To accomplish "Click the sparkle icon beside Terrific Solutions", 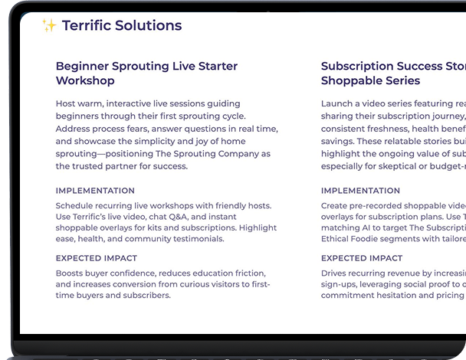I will click(49, 26).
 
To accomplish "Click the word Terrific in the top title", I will click(86, 25).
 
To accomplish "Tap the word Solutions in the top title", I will click(148, 25).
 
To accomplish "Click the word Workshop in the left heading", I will click(85, 80).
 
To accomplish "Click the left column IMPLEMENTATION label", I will click(95, 191).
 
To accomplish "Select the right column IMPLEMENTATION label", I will click(360, 191).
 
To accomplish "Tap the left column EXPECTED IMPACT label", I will click(97, 258).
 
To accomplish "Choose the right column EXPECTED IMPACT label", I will click(362, 258).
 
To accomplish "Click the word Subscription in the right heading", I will click(360, 67).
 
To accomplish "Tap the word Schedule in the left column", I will click(75, 206).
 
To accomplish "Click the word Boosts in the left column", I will click(71, 273).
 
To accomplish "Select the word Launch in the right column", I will click(336, 103).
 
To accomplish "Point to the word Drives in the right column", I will click(335, 273).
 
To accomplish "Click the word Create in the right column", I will click(336, 206).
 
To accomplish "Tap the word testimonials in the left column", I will click(198, 238).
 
